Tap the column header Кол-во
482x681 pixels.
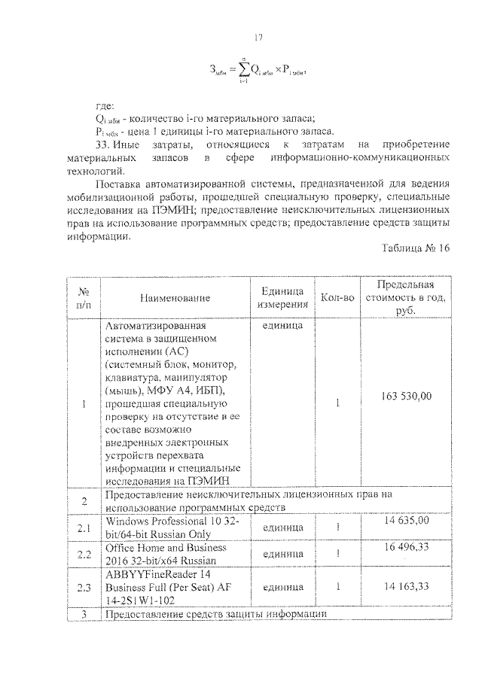pyautogui.click(x=337, y=298)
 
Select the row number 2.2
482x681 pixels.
pyautogui.click(x=85, y=555)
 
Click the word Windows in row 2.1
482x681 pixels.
pyautogui.click(x=127, y=521)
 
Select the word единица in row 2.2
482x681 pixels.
pyautogui.click(x=282, y=555)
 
